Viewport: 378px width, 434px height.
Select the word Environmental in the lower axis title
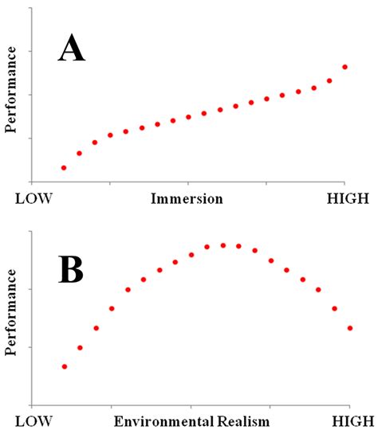click(x=163, y=420)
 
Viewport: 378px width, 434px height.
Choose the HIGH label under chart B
click(x=348, y=420)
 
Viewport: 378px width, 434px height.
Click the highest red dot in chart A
click(x=345, y=67)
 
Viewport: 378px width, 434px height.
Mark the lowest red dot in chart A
click(x=64, y=168)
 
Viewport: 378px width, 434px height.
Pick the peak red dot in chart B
click(x=223, y=245)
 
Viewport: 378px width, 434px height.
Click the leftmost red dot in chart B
click(x=65, y=366)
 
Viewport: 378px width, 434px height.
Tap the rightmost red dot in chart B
click(x=350, y=328)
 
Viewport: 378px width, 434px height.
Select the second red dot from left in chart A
click(x=79, y=153)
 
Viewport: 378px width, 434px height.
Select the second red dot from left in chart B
click(x=80, y=347)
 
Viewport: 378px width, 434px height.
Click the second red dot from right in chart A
click(x=329, y=80)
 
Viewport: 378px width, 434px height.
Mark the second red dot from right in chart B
click(x=334, y=308)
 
